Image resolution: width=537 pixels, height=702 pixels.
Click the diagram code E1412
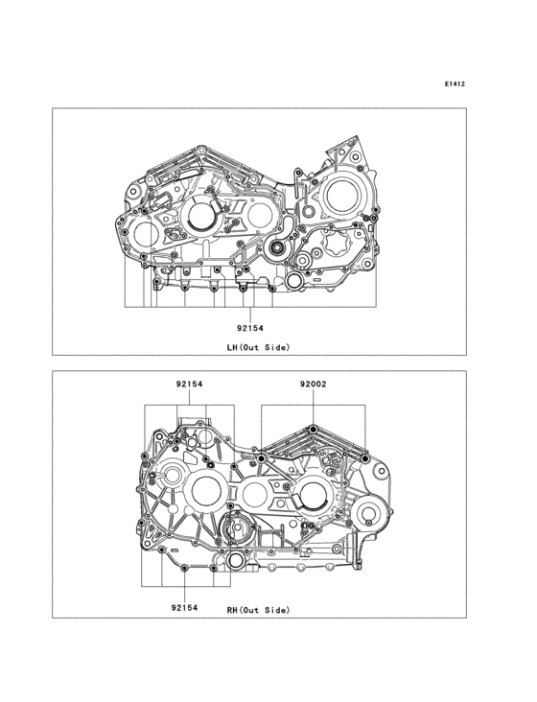click(x=455, y=83)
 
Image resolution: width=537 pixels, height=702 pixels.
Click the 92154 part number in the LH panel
click(x=250, y=328)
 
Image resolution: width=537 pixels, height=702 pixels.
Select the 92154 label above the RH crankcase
click(x=189, y=385)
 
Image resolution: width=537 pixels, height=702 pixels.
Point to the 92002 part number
click(x=314, y=385)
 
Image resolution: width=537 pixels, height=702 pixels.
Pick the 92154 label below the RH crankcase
click(x=184, y=607)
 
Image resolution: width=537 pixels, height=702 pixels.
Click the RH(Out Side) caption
click(x=259, y=610)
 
